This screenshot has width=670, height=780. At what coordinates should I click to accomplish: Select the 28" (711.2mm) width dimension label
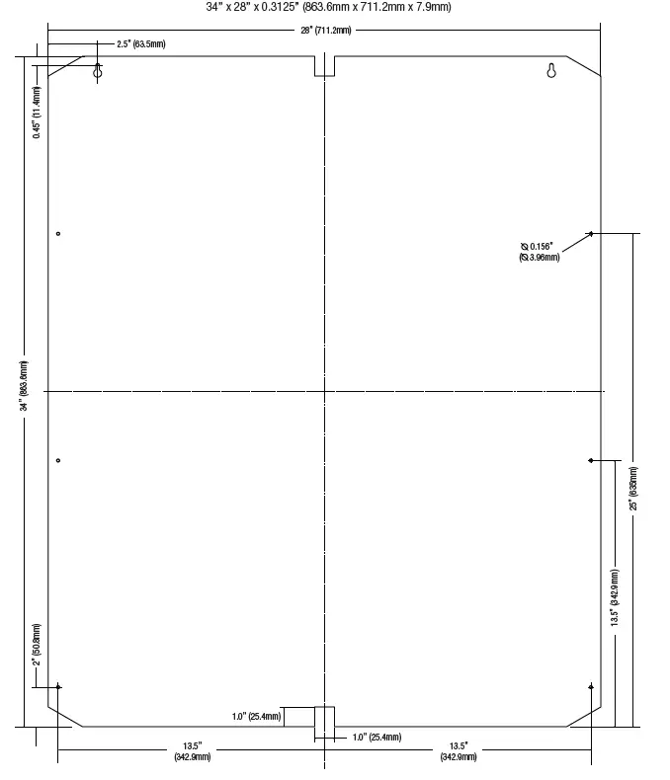point(325,31)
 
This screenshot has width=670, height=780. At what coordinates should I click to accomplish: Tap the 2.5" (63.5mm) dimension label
point(140,44)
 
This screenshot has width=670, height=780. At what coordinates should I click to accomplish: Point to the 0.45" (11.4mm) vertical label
point(37,114)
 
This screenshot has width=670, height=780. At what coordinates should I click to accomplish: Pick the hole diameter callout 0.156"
point(540,252)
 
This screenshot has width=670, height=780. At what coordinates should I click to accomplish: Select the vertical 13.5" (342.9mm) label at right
point(615,597)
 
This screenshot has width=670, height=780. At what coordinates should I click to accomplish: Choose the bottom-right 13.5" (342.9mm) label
point(458,751)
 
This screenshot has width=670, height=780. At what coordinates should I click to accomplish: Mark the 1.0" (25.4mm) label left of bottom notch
point(257,716)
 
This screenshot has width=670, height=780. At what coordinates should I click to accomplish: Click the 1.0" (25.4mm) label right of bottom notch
point(377,737)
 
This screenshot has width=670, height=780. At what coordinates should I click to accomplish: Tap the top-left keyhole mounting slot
point(98,71)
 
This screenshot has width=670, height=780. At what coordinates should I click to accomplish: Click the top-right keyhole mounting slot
point(551,71)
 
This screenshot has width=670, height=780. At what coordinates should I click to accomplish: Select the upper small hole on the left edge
point(58,233)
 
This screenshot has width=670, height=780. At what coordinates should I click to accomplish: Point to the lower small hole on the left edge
point(58,460)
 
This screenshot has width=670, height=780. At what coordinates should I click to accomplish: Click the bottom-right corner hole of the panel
point(590,686)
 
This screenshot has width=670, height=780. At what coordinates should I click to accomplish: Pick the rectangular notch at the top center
point(324,66)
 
